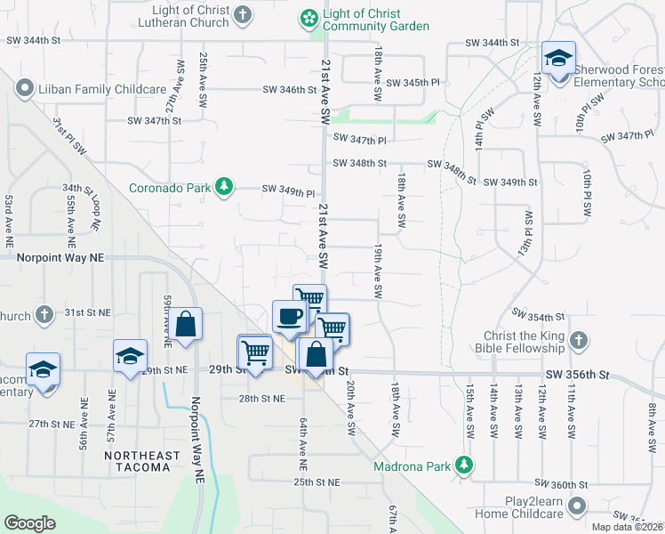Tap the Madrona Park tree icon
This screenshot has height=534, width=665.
[462, 465]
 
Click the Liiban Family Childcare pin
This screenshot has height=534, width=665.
[23, 89]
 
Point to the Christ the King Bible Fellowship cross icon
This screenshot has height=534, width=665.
[578, 340]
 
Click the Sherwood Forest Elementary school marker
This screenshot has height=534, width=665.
[558, 60]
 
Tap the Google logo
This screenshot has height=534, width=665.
[29, 522]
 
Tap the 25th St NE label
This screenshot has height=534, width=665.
[317, 481]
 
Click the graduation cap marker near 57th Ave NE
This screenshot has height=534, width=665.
[130, 356]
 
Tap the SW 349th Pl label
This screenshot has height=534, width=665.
[288, 191]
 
